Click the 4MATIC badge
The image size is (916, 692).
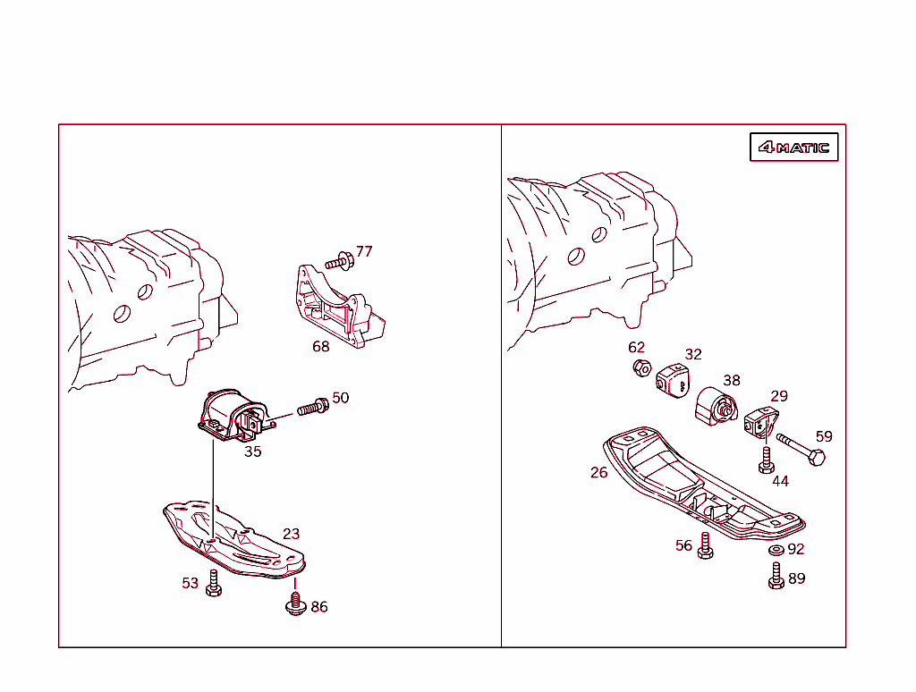pos(793,148)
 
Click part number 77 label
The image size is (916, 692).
pos(364,252)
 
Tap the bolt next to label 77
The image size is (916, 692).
pos(338,262)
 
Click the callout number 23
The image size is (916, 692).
pos(291,534)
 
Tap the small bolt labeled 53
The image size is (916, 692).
pos(213,584)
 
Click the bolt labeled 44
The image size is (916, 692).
pos(766,460)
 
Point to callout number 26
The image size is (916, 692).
pos(598,472)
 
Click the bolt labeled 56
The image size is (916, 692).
pos(705,546)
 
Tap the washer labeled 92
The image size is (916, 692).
pos(776,549)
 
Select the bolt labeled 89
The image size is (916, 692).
pos(776,576)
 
